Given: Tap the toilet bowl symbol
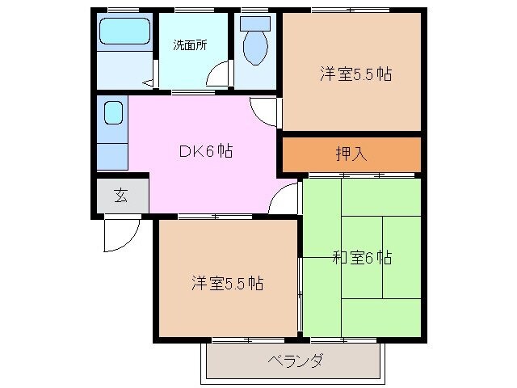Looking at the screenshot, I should (x=254, y=50).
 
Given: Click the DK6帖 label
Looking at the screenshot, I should (x=206, y=150).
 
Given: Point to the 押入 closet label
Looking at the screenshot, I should (x=351, y=154).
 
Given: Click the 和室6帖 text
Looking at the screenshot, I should (x=362, y=258).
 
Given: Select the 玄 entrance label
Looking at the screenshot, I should (x=120, y=195).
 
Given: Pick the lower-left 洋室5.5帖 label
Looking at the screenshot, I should (x=227, y=284).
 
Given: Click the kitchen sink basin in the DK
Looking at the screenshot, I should (x=113, y=114).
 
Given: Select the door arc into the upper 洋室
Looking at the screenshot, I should (x=265, y=110).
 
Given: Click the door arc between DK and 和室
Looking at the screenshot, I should (x=284, y=198).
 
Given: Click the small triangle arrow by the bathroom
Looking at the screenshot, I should (x=146, y=82).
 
